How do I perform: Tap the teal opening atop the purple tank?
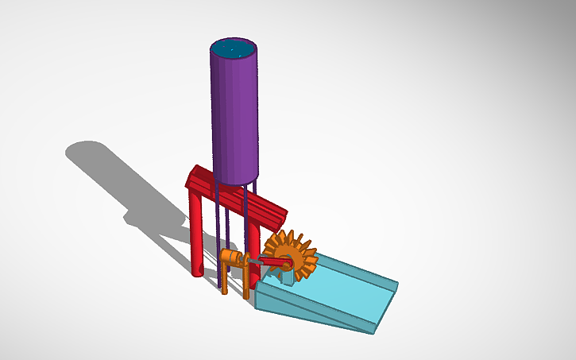(234, 48)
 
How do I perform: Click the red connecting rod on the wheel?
(275, 261)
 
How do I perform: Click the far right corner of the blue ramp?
(396, 284)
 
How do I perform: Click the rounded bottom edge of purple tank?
(237, 180)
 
